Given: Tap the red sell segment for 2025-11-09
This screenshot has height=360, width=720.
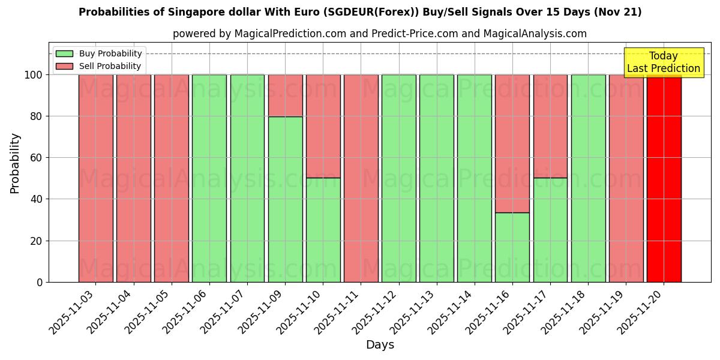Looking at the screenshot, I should tap(285, 95).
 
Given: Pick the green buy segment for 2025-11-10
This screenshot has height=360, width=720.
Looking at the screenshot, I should tap(323, 230).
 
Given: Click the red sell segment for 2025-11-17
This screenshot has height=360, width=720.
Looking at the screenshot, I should tap(550, 126).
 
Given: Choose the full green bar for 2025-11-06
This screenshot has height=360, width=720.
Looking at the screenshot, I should tap(209, 178).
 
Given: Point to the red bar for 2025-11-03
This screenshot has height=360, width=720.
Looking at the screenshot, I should tap(95, 178).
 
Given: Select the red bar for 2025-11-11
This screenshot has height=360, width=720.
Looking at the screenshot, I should tap(361, 178).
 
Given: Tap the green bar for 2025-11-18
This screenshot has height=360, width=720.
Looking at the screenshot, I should tap(588, 178).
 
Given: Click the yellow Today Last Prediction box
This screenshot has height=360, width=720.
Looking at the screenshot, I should tap(663, 62).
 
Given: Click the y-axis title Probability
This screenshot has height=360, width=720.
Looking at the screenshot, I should tap(15, 163).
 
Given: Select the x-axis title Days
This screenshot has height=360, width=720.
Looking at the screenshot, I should tap(380, 345).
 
